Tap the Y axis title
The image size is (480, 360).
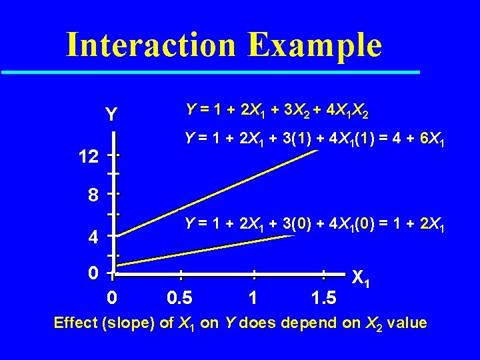111,115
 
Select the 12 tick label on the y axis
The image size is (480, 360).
88,157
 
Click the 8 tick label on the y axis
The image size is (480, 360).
94,195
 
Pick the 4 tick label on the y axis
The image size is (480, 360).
94,237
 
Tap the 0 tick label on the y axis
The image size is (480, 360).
94,273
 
